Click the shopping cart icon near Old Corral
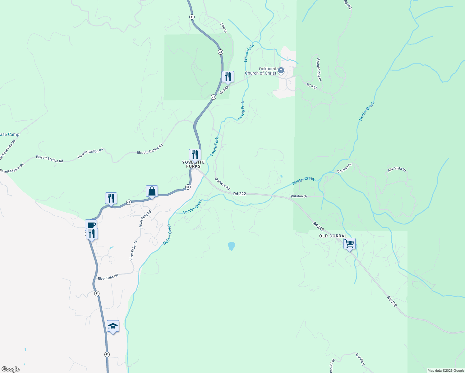[x=349, y=243]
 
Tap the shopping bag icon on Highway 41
[x=152, y=191]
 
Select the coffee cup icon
[x=91, y=225]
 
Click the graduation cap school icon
[x=113, y=326]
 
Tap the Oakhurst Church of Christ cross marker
[x=281, y=71]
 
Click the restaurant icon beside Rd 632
[x=228, y=76]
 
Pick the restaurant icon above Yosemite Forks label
[x=195, y=154]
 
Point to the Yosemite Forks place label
[x=193, y=164]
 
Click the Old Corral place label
[x=333, y=236]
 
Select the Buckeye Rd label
[x=222, y=184]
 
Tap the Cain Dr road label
[x=223, y=27]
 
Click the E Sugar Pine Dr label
[x=319, y=70]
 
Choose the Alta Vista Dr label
[x=397, y=169]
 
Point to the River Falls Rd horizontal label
[x=108, y=277]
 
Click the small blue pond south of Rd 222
[x=231, y=246]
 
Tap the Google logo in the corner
[x=11, y=369]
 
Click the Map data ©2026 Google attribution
[x=446, y=371]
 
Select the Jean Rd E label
[x=360, y=359]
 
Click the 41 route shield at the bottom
[x=107, y=354]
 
